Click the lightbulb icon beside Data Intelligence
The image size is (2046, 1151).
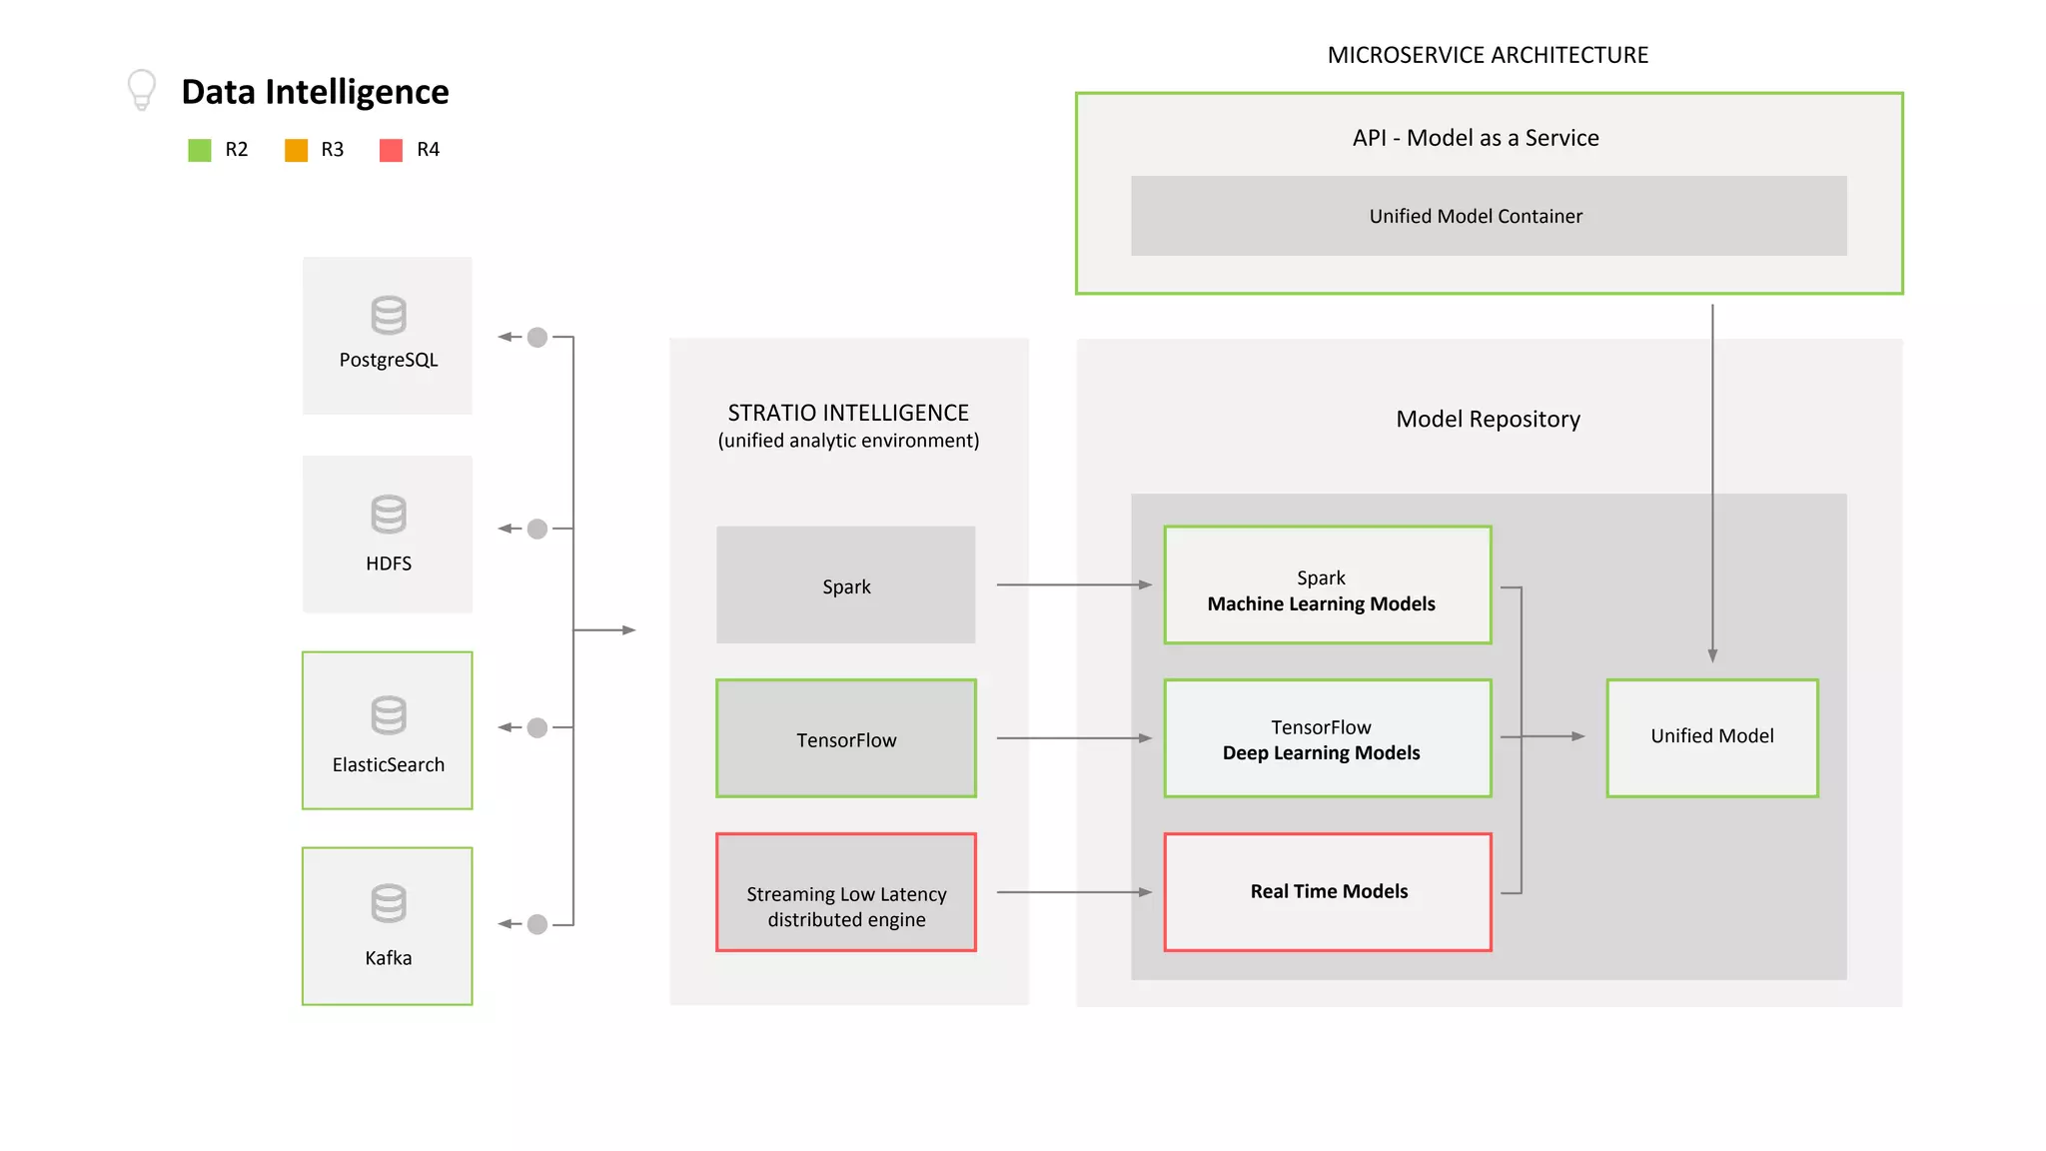click(142, 89)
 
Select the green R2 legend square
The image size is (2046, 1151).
click(200, 150)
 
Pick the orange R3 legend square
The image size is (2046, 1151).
click(296, 150)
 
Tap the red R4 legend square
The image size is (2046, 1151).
click(392, 150)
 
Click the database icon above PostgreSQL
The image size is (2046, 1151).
click(389, 315)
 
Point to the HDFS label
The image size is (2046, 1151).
click(389, 564)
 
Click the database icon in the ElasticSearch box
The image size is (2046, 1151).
click(389, 714)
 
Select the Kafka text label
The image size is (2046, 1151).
click(389, 958)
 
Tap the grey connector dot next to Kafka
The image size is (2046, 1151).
click(537, 924)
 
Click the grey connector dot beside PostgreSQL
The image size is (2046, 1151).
click(537, 337)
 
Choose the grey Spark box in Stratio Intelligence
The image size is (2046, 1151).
click(846, 585)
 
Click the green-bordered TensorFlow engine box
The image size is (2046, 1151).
click(846, 739)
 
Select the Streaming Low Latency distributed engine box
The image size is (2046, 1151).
click(846, 892)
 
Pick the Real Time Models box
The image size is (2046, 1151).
click(1328, 891)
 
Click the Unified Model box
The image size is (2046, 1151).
click(1712, 737)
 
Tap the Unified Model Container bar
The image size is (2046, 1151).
click(1489, 216)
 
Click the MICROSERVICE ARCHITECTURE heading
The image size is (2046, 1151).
click(1488, 55)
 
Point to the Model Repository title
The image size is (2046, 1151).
click(1488, 419)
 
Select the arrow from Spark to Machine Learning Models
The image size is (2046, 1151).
click(1073, 584)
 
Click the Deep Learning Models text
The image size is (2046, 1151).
click(1321, 753)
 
